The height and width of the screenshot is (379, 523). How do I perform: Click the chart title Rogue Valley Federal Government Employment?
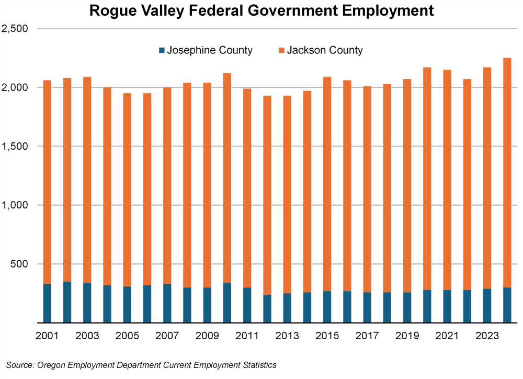261,10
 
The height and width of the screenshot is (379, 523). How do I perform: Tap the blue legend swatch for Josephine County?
162,51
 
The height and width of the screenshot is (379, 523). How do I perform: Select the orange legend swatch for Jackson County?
281,51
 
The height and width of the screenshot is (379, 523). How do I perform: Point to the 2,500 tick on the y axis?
15,29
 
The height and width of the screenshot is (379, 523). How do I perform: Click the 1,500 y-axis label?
15,147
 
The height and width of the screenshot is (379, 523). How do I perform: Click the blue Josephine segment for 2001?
47,304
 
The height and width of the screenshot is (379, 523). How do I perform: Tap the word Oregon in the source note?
52,365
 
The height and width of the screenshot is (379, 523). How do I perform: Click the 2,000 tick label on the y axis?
15,87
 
